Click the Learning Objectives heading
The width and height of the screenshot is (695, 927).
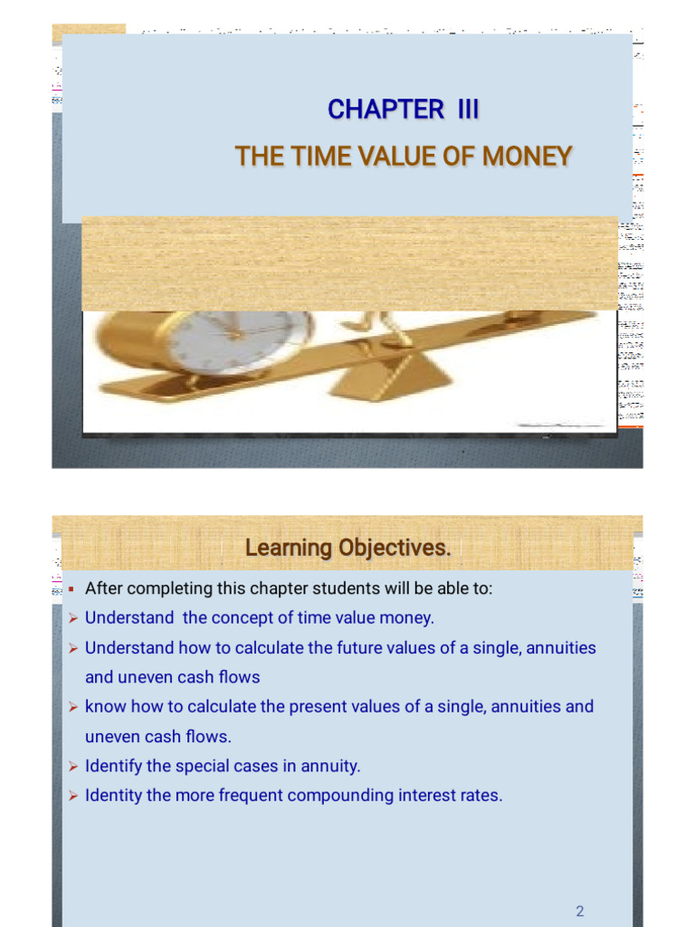[347, 549]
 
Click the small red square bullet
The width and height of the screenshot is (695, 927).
[71, 588]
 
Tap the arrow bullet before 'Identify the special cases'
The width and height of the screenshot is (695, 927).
[73, 767]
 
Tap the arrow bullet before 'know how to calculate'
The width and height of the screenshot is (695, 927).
[73, 707]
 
